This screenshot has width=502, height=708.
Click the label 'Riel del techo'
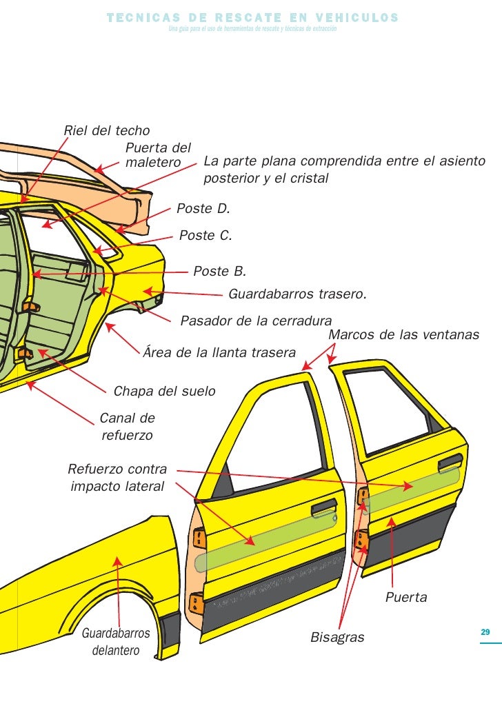(107, 130)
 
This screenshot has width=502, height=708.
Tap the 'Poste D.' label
(203, 208)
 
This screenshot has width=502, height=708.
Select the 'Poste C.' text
(205, 236)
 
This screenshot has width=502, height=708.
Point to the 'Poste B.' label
(219, 271)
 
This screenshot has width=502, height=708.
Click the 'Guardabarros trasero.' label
(297, 294)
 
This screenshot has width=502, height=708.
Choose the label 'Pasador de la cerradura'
(256, 321)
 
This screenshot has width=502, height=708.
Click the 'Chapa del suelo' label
(164, 392)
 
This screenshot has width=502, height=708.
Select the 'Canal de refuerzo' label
(128, 427)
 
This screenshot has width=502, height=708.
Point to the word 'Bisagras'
(337, 638)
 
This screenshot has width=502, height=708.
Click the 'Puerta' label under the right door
(406, 597)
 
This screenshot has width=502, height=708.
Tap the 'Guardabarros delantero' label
(116, 642)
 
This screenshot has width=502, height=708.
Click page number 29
(485, 633)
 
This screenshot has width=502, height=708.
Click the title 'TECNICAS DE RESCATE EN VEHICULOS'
(252, 17)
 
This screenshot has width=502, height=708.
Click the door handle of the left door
(323, 510)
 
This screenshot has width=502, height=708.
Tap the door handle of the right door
(450, 461)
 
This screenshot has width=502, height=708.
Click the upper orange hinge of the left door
(199, 538)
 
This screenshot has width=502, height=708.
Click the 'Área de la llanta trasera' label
(219, 353)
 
